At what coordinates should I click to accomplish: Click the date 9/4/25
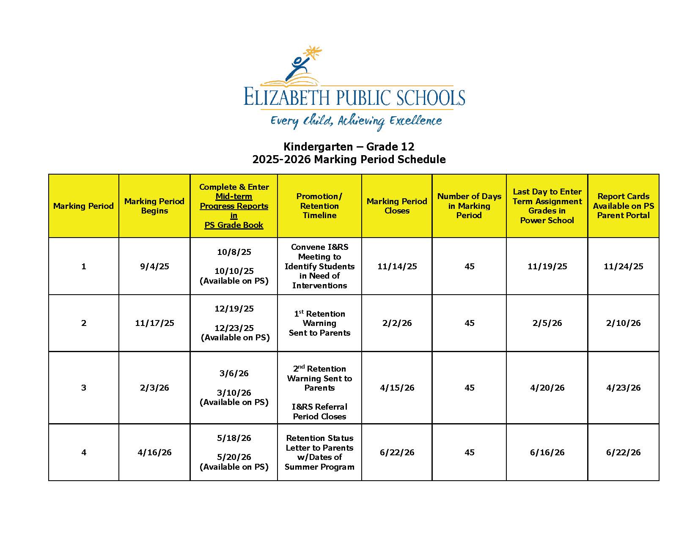tap(154, 266)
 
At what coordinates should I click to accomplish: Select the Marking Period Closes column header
tap(397, 206)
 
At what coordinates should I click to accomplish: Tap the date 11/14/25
tap(397, 266)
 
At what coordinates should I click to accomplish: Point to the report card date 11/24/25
tap(623, 266)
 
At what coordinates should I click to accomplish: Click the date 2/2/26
tap(397, 323)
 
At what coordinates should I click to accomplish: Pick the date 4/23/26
tap(623, 388)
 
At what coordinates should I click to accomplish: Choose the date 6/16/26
tap(547, 452)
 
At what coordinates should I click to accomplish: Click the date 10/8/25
tap(234, 252)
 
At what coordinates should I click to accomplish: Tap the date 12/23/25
tap(234, 328)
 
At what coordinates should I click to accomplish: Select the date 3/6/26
tap(234, 373)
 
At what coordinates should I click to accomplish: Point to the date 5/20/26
tap(234, 457)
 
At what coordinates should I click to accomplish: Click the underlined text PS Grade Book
tap(234, 225)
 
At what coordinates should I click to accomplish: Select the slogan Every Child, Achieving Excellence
tap(356, 121)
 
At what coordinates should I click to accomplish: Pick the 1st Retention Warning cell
tap(319, 323)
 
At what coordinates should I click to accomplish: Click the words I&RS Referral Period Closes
tap(319, 411)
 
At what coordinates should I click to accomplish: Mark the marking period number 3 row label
tap(84, 388)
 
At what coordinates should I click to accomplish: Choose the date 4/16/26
tap(154, 452)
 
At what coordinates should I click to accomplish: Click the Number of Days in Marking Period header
tap(469, 206)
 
